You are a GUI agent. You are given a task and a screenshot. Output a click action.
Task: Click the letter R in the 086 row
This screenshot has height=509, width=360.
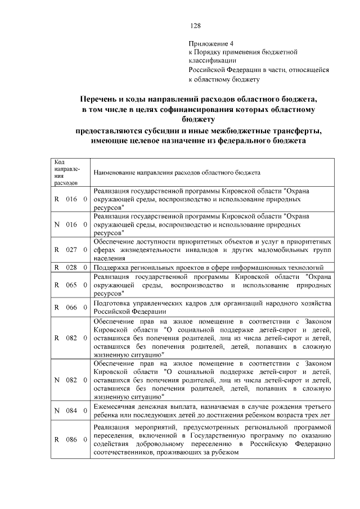[x=57, y=439]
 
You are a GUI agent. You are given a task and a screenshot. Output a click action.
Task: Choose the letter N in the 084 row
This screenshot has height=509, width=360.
[x=57, y=411]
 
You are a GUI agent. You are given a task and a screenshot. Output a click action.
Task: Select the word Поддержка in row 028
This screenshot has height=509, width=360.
[x=111, y=267]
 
